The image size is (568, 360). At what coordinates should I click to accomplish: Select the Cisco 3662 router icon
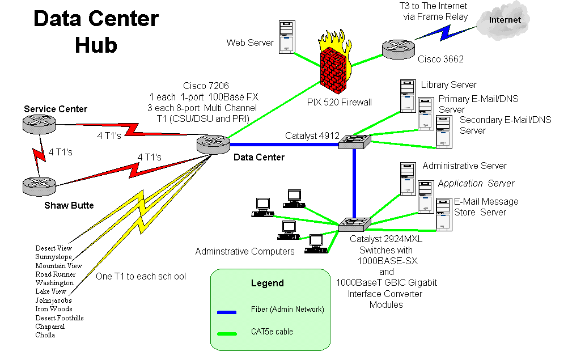pos(397,49)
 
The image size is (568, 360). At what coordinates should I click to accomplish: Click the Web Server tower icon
pos(287,37)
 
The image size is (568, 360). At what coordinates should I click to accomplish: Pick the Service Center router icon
pos(38,124)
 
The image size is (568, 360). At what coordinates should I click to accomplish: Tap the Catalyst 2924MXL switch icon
pos(354,225)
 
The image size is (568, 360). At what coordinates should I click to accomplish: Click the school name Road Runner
pos(55,274)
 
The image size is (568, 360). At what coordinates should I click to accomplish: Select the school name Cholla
pos(45,335)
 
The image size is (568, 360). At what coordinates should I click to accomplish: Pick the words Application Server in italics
pos(476,184)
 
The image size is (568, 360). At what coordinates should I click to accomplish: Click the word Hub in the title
pos(96,45)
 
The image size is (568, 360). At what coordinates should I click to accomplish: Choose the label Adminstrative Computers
pos(245,251)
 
